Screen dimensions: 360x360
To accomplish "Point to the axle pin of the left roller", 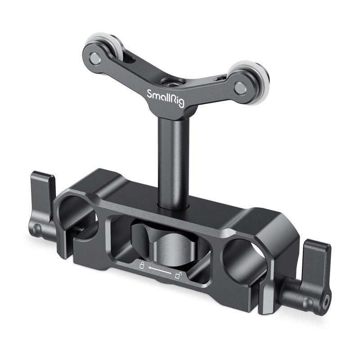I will pos(95,58).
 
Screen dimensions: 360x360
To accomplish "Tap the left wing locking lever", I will pos(45,200).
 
